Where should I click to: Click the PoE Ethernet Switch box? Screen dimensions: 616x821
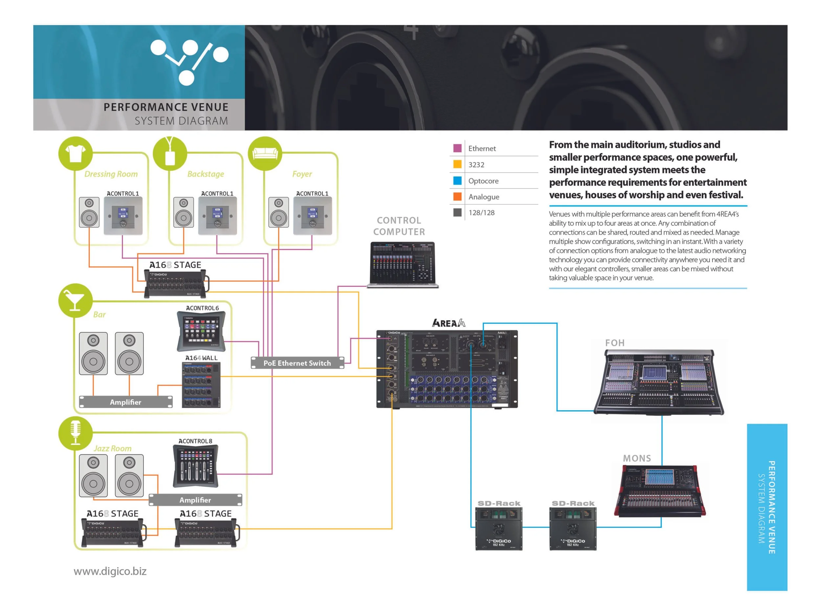297,363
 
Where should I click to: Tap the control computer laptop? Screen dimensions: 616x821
403,264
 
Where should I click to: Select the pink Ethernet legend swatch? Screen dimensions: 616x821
457,148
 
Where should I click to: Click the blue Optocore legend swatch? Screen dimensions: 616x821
457,180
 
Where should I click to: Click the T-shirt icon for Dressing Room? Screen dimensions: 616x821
75,153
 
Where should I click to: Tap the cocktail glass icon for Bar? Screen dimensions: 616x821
75,300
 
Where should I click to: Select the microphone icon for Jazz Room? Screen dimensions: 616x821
75,433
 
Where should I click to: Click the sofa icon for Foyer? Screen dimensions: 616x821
265,153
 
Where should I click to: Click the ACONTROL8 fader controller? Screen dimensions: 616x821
196,466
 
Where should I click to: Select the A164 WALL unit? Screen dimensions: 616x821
201,385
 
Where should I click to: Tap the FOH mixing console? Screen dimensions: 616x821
659,382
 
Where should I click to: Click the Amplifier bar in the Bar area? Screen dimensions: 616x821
125,402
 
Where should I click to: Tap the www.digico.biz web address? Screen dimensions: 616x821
110,571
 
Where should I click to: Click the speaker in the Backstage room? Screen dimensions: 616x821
183,212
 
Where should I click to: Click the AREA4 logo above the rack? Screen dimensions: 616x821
448,323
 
